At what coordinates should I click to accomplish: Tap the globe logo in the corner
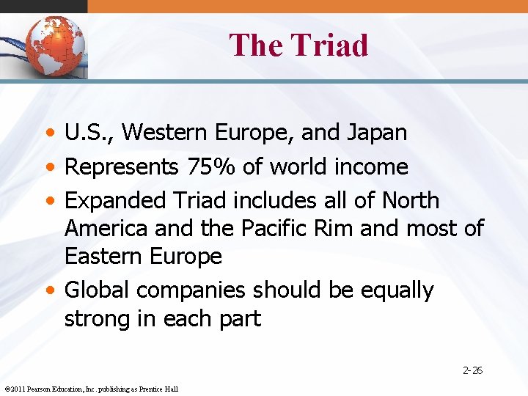pyautogui.click(x=54, y=45)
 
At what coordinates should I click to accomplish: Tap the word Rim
pyautogui.click(x=337, y=228)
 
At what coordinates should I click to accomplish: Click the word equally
pyautogui.click(x=397, y=291)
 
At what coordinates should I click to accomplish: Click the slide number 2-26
pyautogui.click(x=472, y=370)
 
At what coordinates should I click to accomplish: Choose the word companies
pyautogui.click(x=191, y=291)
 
